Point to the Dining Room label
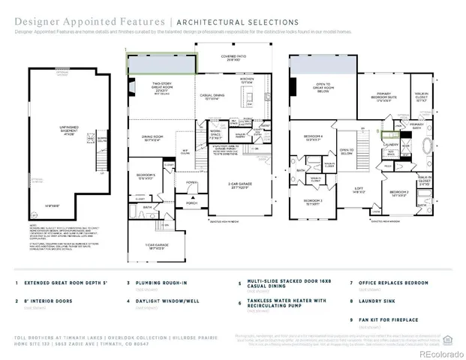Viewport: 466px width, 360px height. point(154,138)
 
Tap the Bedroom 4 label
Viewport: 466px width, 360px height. point(313,136)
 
